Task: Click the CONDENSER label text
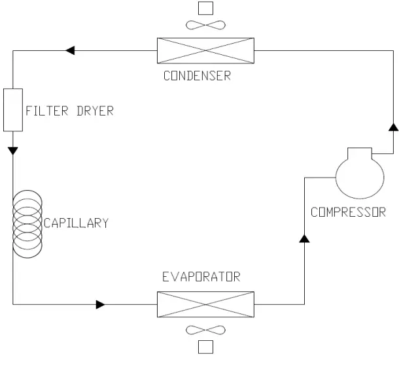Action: [x=196, y=76]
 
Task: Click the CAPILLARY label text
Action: [x=76, y=223]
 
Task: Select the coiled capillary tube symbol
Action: [x=27, y=223]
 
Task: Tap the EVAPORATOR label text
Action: [x=201, y=277]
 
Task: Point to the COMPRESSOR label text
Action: [x=348, y=212]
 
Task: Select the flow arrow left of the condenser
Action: [x=70, y=50]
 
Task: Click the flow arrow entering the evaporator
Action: [x=101, y=304]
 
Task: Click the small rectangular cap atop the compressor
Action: [x=359, y=153]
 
